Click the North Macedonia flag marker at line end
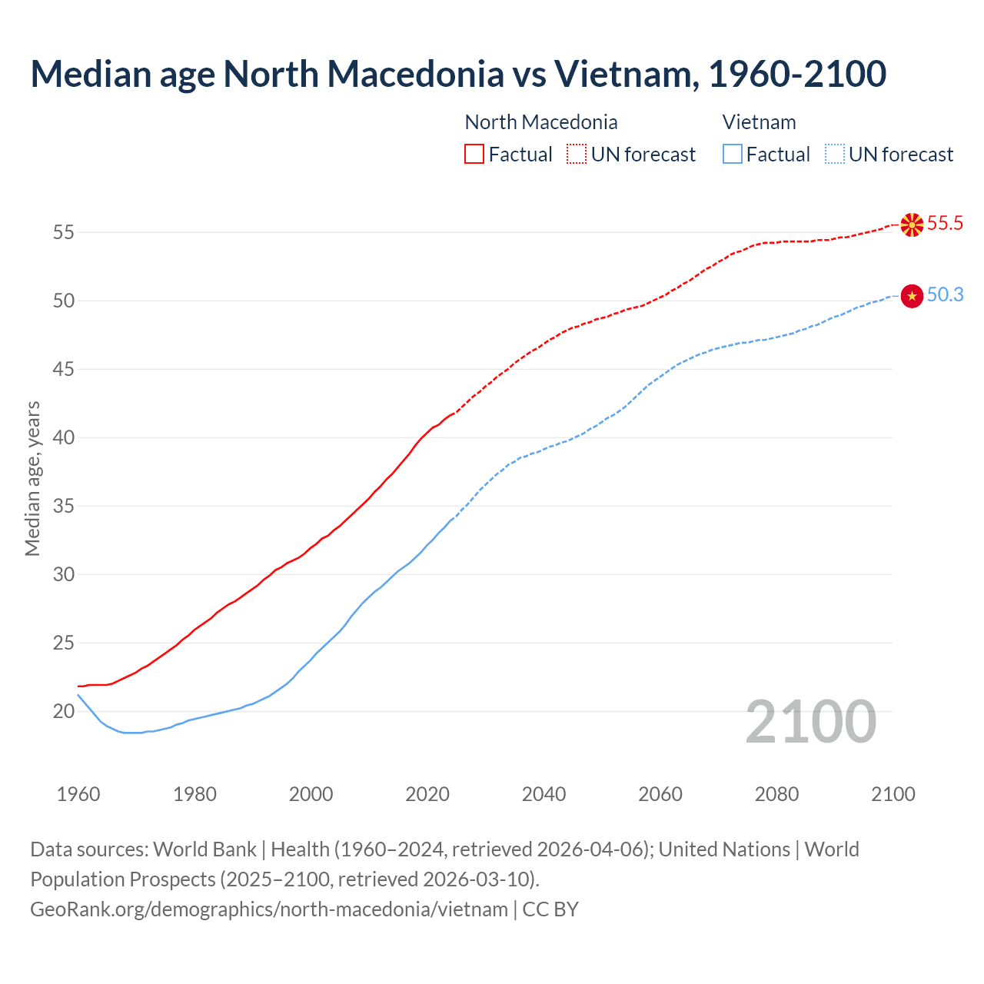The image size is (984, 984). click(912, 224)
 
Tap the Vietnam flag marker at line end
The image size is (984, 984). click(912, 296)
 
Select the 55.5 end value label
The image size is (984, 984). click(945, 224)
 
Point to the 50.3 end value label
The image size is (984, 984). click(945, 295)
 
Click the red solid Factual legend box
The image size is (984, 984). click(474, 154)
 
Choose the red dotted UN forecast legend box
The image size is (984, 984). click(577, 154)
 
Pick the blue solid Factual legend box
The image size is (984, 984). click(733, 154)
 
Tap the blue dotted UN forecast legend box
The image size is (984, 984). click(834, 154)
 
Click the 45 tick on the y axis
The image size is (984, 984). click(64, 369)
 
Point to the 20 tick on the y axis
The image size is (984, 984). click(64, 711)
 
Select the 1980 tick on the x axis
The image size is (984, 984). click(194, 794)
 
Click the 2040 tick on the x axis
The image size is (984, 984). click(544, 794)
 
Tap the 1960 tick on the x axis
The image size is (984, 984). click(78, 794)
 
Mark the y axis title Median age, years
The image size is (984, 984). click(32, 478)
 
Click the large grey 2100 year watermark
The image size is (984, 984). click(810, 721)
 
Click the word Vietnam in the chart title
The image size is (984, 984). click(626, 74)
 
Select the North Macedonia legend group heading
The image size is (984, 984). click(541, 122)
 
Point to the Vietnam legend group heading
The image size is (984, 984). click(759, 122)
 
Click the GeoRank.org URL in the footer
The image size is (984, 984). click(269, 909)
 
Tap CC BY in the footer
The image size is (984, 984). click(550, 909)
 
